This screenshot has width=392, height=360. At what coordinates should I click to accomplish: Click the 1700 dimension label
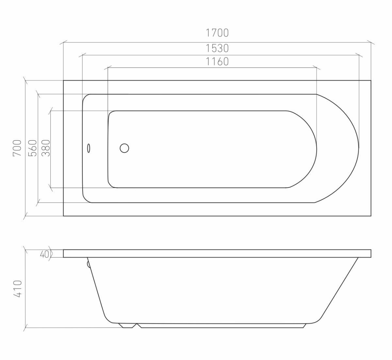click(x=217, y=33)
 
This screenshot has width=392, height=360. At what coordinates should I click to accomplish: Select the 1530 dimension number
click(x=217, y=48)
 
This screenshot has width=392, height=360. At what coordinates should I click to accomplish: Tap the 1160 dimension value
click(x=217, y=62)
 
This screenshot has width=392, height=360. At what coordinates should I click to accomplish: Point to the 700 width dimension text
click(x=17, y=148)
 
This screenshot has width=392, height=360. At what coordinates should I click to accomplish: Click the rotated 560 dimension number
click(x=32, y=148)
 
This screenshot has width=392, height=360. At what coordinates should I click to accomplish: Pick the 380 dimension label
click(x=46, y=148)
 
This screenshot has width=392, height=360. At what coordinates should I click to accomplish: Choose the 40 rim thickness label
click(x=44, y=254)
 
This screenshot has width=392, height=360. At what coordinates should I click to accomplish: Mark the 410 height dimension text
click(x=17, y=289)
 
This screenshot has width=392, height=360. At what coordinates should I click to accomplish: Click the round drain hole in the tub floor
click(x=124, y=148)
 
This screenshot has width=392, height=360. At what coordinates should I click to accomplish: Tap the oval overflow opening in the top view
click(x=89, y=148)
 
